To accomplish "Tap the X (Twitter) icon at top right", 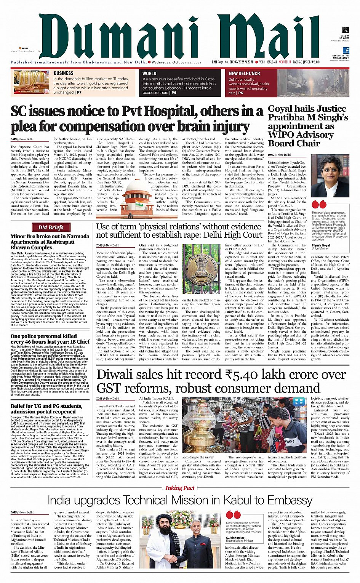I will [345, 30].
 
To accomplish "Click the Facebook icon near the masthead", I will [346, 50].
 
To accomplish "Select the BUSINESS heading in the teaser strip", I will [64, 73].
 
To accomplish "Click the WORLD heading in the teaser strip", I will [149, 74].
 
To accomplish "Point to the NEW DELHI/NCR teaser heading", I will [244, 74].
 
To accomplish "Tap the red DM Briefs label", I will [51, 227].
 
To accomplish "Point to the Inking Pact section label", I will [180, 488].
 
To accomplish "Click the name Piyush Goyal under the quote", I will [321, 245].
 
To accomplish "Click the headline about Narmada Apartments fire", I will [50, 242].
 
